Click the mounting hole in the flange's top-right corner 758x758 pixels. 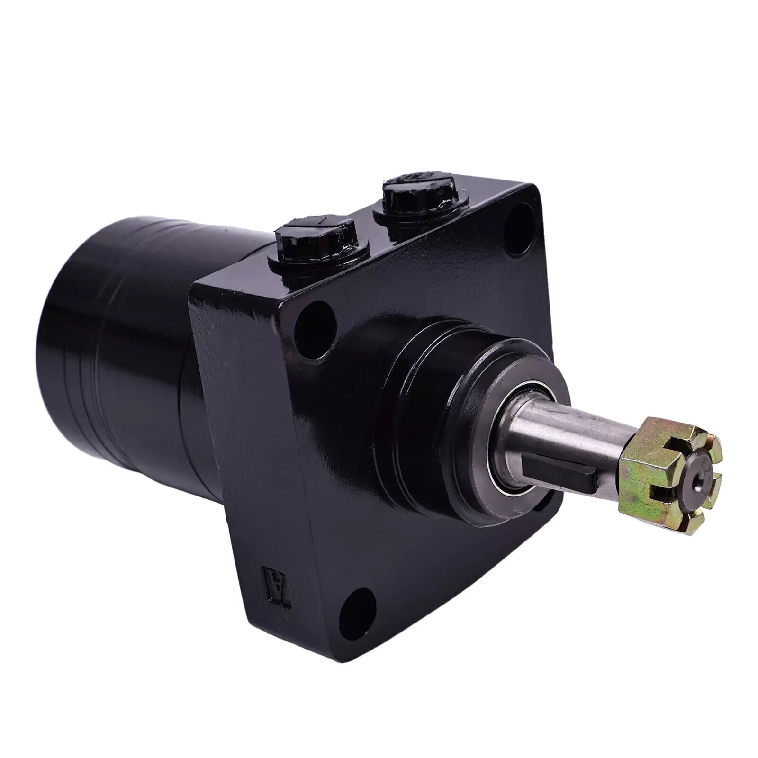click(x=517, y=222)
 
